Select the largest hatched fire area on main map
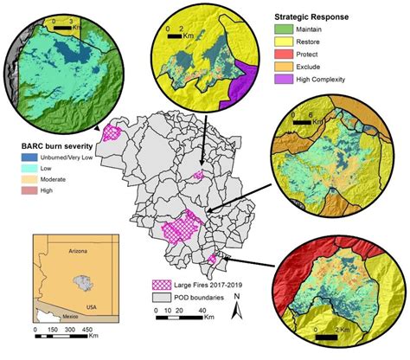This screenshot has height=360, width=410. (180, 229)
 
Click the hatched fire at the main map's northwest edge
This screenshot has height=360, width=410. (112, 132)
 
